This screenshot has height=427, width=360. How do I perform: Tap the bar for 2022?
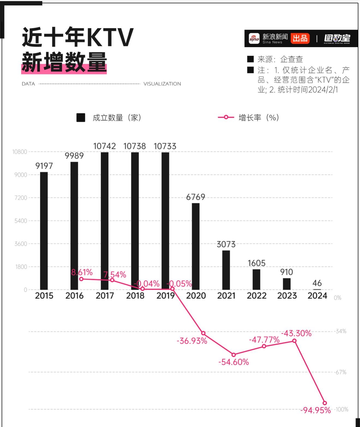tap(256, 279)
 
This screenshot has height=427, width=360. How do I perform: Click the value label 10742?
tap(104, 146)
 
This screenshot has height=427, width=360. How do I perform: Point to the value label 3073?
tap(226, 244)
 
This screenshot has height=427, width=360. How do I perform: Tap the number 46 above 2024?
tap(317, 283)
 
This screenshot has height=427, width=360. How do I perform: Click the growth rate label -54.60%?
tap(233, 362)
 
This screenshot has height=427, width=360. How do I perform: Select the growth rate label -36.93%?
tap(192, 341)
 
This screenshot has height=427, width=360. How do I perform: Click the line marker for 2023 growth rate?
tap(294, 341)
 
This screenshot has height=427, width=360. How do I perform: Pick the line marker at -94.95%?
tap(325, 403)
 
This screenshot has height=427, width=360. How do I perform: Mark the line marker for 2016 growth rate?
tap(81, 279)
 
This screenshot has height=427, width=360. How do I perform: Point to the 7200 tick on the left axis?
tap(21, 198)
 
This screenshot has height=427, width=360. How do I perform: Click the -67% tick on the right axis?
tap(341, 372)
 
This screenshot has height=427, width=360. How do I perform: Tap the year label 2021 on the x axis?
tap(226, 296)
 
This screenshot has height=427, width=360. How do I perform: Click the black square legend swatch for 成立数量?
tap(81, 118)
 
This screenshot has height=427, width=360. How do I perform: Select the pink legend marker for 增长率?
tap(226, 117)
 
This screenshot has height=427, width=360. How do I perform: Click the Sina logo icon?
tap(254, 38)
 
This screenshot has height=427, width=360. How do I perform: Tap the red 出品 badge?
tap(300, 38)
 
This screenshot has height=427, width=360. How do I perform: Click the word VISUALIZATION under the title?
tap(162, 84)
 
